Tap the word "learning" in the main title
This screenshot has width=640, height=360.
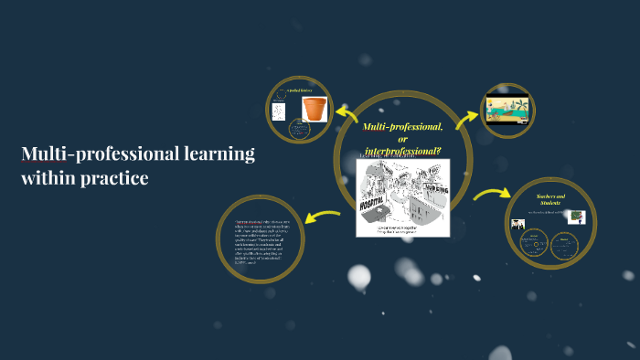pyautogui.click(x=216, y=154)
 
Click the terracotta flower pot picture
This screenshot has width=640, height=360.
pyautogui.click(x=315, y=110)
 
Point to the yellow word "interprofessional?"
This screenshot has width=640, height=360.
pyautogui.click(x=402, y=149)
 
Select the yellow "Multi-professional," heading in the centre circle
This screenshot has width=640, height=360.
pyautogui.click(x=403, y=125)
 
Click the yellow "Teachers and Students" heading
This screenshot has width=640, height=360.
pyautogui.click(x=551, y=200)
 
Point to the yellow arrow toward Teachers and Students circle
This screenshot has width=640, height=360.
pyautogui.click(x=491, y=194)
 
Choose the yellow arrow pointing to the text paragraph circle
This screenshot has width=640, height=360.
pyautogui.click(x=322, y=217)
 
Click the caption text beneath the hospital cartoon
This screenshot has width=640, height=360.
pyautogui.click(x=402, y=231)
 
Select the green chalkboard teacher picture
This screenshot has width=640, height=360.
pyautogui.click(x=576, y=217)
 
